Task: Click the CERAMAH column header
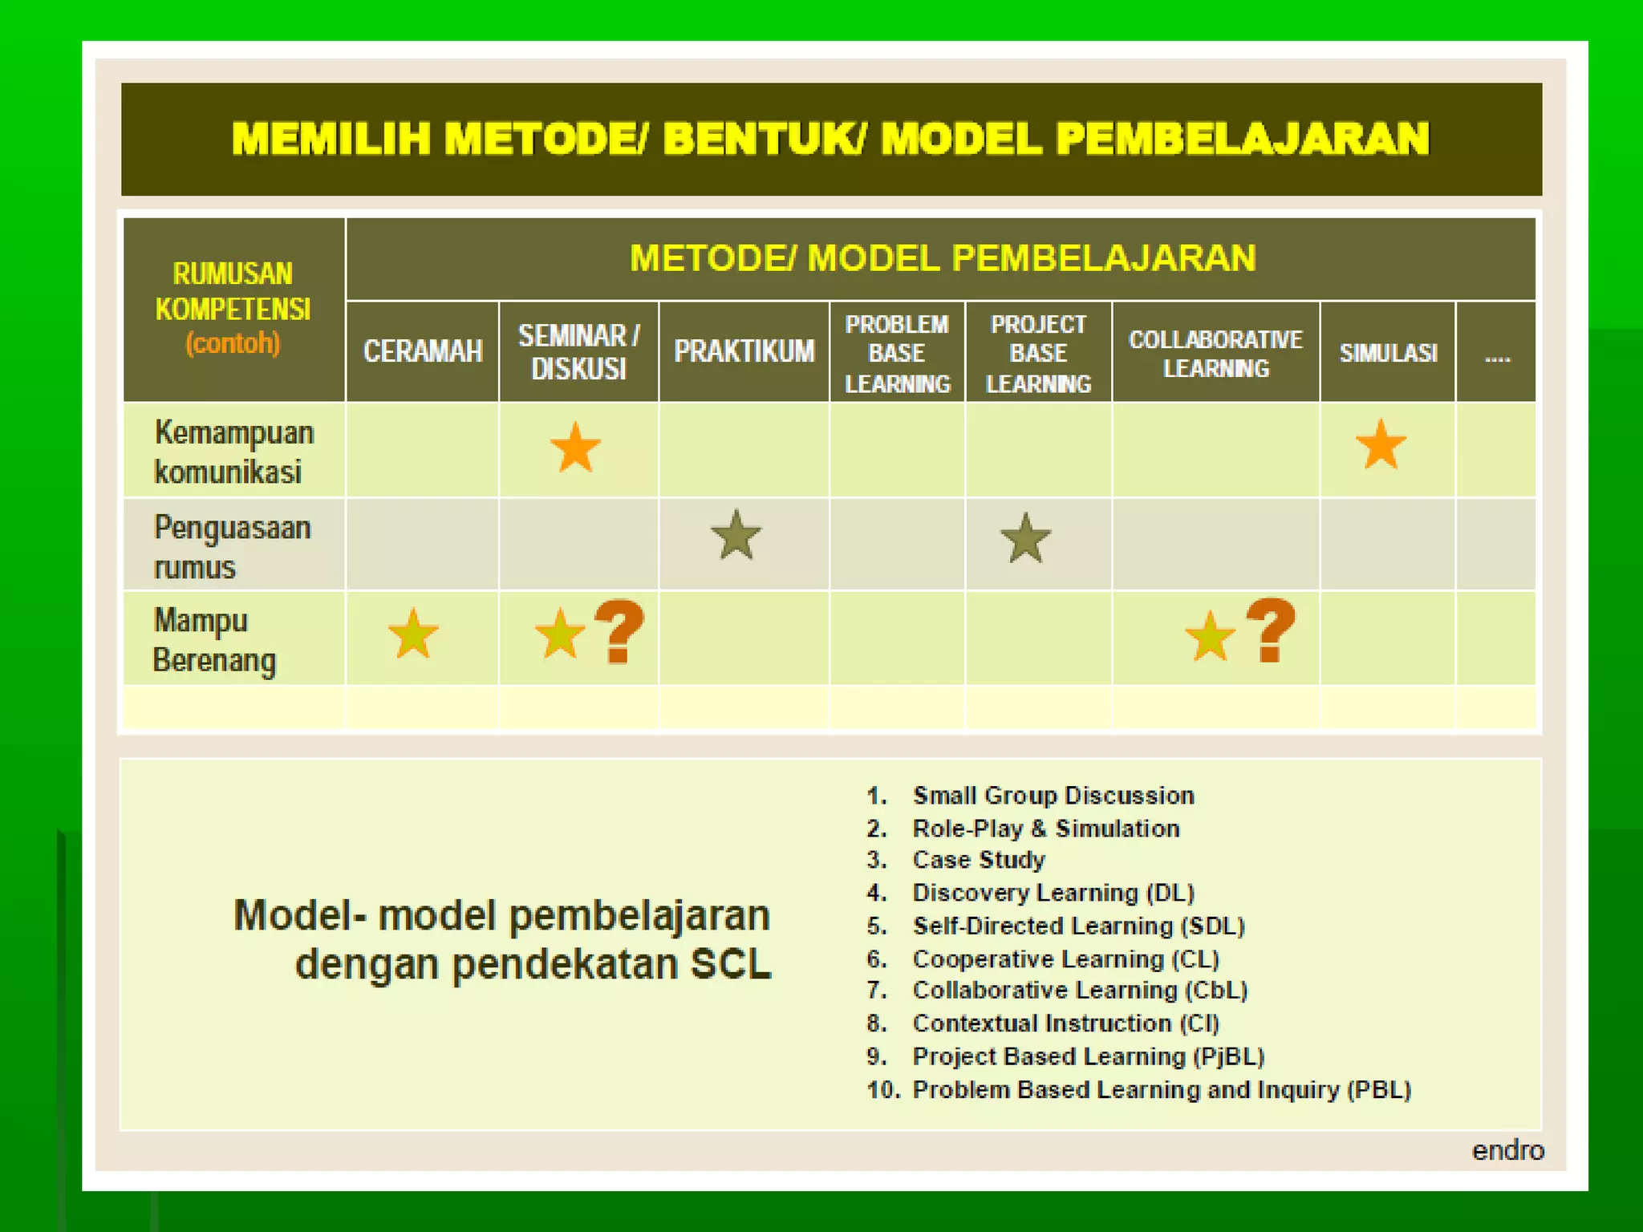423,351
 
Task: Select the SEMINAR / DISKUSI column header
578,352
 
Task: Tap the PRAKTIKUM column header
744,351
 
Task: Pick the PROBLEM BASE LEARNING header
897,354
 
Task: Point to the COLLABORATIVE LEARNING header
1215,354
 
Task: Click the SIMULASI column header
1388,353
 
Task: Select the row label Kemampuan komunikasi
233,452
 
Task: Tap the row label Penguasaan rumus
232,547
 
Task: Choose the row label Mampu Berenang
215,640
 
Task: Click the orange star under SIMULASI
1381,445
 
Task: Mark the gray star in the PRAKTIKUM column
736,536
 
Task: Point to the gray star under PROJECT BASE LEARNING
1025,538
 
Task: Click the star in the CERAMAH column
413,634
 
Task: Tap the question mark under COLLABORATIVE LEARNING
1271,630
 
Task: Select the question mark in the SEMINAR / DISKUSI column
619,632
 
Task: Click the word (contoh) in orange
233,343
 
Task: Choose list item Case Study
979,860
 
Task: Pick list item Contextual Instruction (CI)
1065,1023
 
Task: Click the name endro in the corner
1507,1150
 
